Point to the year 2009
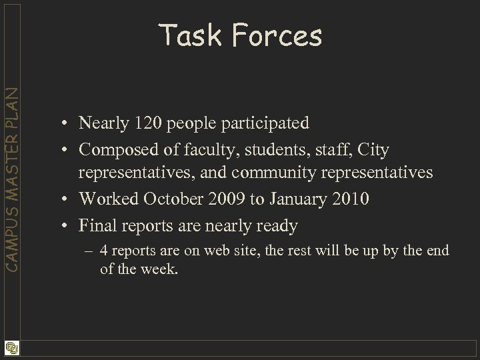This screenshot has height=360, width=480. click(226, 199)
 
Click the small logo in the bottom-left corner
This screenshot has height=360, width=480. click(11, 348)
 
